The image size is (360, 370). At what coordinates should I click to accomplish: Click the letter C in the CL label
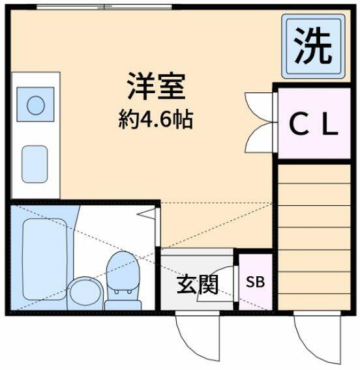[297, 125]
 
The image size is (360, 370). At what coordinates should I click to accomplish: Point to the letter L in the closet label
[329, 125]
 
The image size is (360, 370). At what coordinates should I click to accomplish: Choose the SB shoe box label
[255, 282]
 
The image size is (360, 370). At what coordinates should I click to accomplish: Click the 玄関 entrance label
[198, 285]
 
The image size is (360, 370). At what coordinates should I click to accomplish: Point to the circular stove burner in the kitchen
[35, 105]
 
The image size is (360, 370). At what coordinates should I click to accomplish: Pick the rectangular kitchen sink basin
[35, 164]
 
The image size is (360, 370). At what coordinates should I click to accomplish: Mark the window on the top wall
[104, 7]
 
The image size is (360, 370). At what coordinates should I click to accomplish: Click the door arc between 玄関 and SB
[225, 281]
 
